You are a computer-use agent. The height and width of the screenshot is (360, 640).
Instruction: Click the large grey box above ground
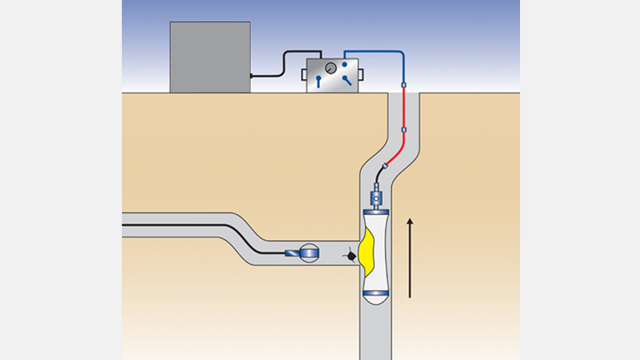pyautogui.click(x=210, y=57)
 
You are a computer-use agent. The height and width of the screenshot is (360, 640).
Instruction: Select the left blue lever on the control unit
pyautogui.click(x=319, y=82)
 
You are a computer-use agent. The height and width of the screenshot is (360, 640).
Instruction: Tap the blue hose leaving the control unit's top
pyautogui.click(x=373, y=51)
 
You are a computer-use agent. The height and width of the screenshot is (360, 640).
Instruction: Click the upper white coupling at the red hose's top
pyautogui.click(x=404, y=86)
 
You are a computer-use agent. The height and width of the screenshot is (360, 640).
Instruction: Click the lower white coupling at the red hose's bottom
pyautogui.click(x=404, y=130)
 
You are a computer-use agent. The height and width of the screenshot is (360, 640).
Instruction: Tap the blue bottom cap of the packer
pyautogui.click(x=374, y=292)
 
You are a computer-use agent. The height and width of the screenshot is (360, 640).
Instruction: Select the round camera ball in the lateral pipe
pyautogui.click(x=308, y=253)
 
